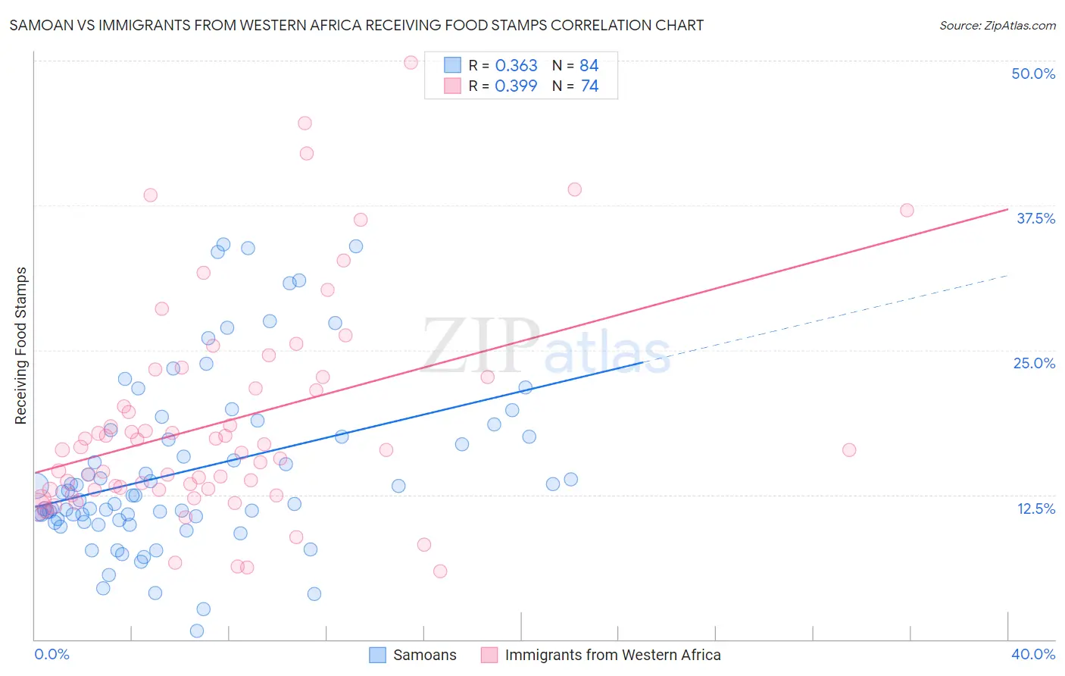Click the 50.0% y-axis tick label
1032,74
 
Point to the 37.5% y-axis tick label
1035,218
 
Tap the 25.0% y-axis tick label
1034,364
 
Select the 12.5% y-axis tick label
1036,509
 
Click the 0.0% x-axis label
52,654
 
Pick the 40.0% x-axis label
1032,654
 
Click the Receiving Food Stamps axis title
21,346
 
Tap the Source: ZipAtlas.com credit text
998,25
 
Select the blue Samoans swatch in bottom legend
377,655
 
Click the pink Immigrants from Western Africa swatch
489,655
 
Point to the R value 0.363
516,65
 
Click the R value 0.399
516,86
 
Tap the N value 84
589,65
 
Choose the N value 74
589,86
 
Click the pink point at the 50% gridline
411,62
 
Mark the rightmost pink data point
907,210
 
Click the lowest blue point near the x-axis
197,631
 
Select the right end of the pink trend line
1008,209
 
